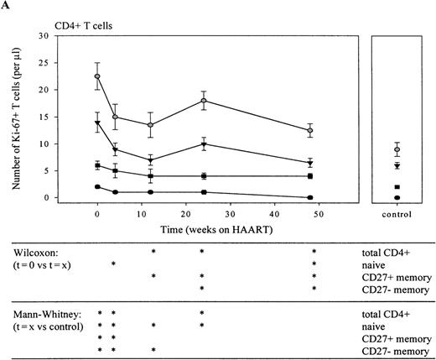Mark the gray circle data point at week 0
coord(97,76)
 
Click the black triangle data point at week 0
coord(97,123)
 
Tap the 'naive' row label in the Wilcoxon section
coord(365,263)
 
